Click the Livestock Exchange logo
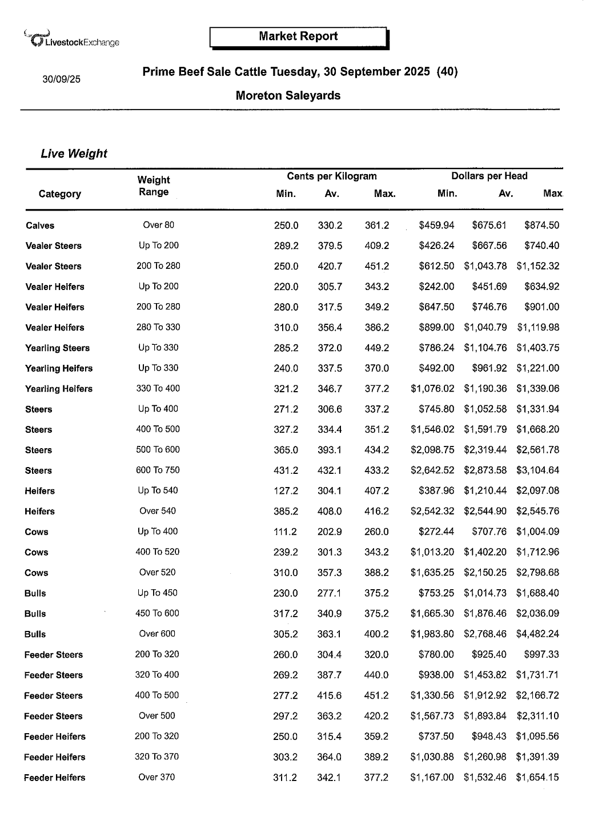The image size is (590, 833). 72,39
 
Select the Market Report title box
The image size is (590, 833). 298,37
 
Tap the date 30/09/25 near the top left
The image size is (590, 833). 61,79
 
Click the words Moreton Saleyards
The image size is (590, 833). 288,96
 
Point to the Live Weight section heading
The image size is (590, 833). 74,154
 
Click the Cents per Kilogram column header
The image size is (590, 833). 332,176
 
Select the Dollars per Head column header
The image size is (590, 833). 489,176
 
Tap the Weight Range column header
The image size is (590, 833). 154,186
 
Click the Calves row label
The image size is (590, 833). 40,226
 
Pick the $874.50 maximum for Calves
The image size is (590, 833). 541,226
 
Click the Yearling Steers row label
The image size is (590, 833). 57,348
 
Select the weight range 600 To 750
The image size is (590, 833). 158,470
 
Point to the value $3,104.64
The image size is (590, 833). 537,470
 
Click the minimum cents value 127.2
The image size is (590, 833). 286,491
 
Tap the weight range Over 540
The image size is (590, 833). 158,511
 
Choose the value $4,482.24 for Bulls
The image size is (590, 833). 537,634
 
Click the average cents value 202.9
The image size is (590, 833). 330,532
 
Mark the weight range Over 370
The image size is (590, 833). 156,777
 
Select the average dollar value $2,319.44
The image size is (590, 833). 485,450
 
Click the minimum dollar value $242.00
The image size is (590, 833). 436,287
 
